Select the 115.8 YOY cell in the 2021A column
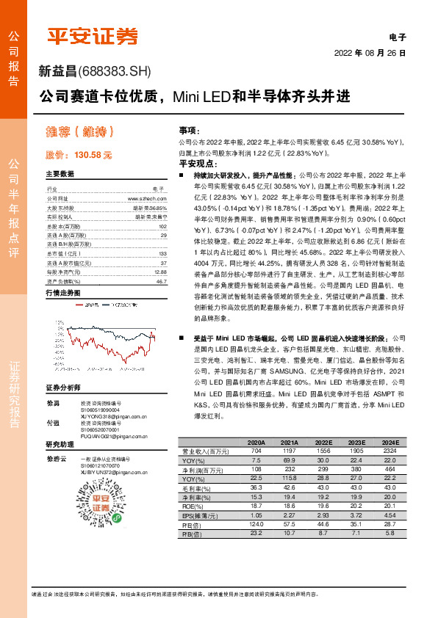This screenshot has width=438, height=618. (289, 477)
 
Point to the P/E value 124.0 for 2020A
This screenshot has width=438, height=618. (256, 525)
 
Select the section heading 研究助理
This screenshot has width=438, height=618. (60, 445)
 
